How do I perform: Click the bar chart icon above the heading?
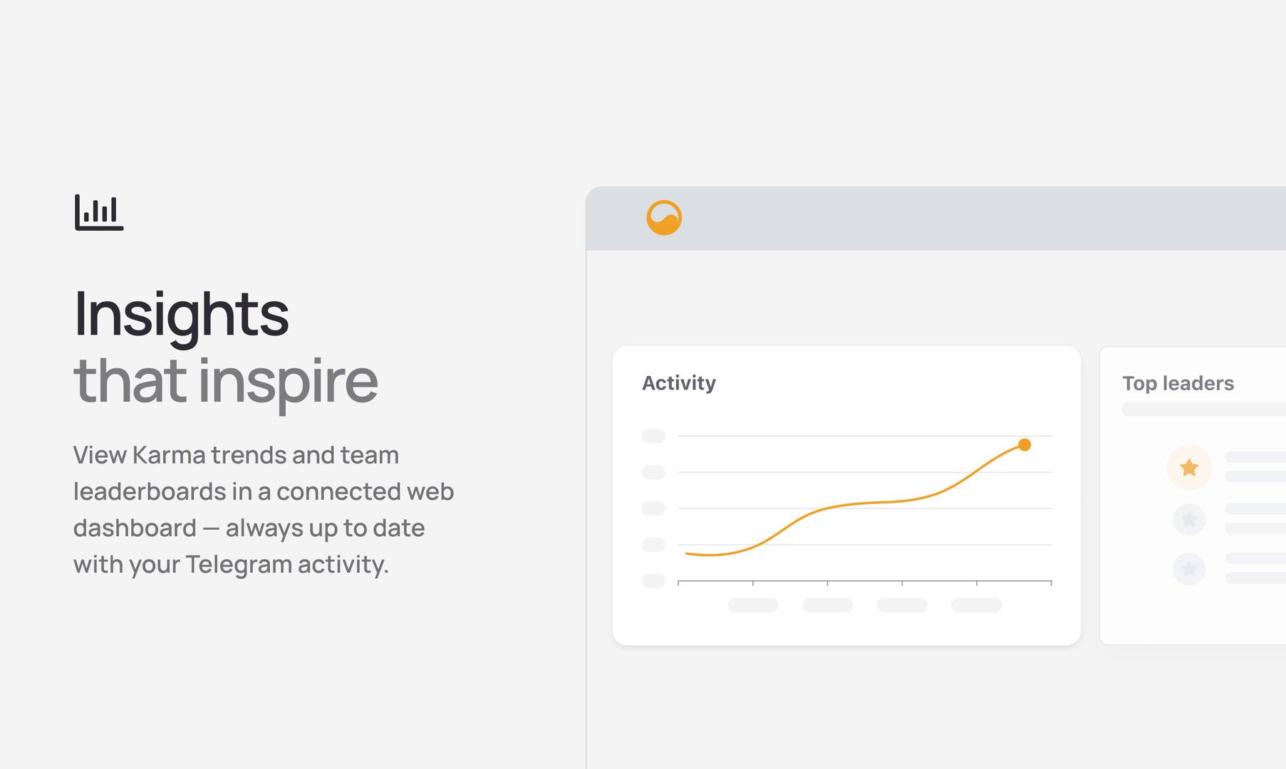(99, 212)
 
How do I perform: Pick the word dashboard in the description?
(135, 528)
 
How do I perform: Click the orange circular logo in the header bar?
(664, 218)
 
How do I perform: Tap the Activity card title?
(679, 384)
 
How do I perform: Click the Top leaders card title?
(1178, 384)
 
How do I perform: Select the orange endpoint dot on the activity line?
(1025, 445)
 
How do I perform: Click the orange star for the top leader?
(1189, 467)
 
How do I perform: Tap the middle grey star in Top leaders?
(1189, 519)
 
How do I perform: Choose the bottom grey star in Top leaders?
(1189, 568)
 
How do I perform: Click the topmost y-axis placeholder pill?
(653, 436)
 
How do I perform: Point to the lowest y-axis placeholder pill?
(653, 581)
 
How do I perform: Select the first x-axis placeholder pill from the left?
(753, 605)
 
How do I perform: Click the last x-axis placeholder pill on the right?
(977, 605)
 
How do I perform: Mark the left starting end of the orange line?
(686, 553)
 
